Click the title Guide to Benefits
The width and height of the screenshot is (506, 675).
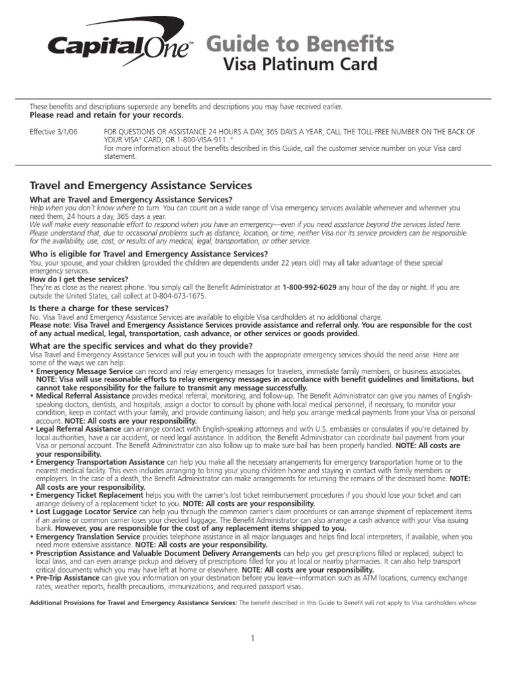coord(300,44)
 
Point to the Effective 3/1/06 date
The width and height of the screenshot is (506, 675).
coord(53,132)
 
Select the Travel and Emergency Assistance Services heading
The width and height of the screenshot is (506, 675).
coord(141,186)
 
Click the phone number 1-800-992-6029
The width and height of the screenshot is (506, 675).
coord(310,287)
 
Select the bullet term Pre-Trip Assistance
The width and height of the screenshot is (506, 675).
coord(68,577)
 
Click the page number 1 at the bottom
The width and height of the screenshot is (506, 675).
coord(252,638)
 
